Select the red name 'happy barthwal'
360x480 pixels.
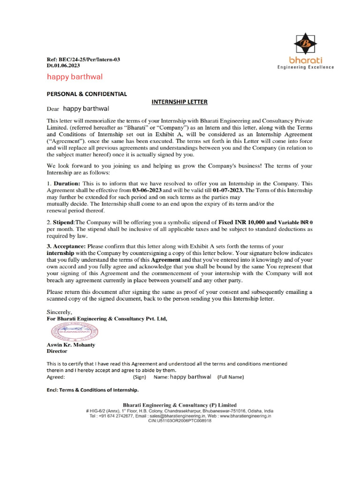click(75, 76)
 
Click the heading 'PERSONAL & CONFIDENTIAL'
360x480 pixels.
click(86, 94)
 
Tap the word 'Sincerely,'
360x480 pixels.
click(60, 311)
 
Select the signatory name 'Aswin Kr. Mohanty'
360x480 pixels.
click(71, 345)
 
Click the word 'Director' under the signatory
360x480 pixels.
click(57, 351)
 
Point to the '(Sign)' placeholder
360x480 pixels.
click(140, 377)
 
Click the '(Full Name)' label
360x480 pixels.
click(231, 377)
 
